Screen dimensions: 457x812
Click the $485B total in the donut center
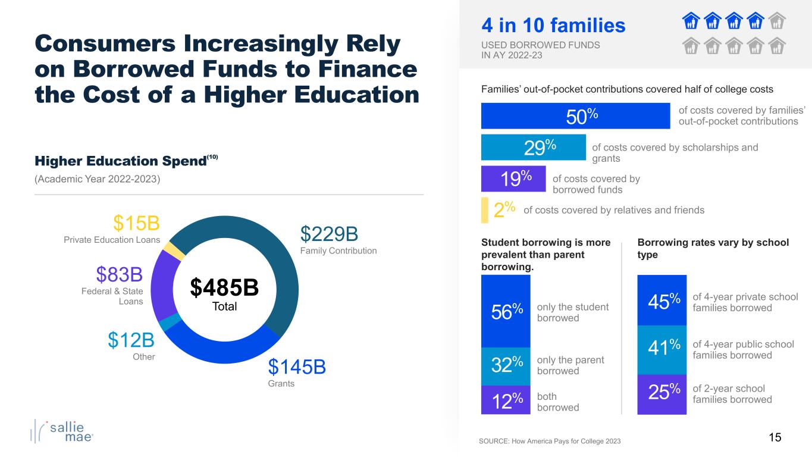(224, 288)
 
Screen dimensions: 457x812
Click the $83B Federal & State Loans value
(120, 275)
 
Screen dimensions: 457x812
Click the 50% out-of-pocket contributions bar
(575, 115)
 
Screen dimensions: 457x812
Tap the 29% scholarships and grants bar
(534, 147)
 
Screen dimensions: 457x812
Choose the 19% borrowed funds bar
(513, 179)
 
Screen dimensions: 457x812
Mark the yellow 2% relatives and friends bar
(484, 210)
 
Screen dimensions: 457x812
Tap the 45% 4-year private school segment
(661, 301)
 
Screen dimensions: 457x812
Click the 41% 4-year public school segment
(661, 349)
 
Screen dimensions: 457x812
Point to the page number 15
(775, 438)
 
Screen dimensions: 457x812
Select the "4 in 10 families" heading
(553, 26)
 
